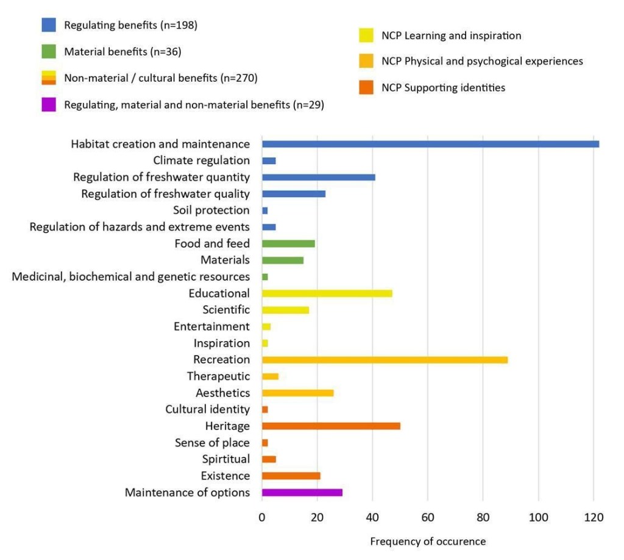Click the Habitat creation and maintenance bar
point(430,144)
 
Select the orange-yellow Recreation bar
point(385,359)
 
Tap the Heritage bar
point(331,426)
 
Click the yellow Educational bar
point(327,293)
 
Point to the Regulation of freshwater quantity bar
point(318,177)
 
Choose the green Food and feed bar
point(288,243)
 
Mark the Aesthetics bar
point(297,393)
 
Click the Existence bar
point(291,476)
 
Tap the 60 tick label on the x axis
point(428,517)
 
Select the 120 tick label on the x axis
point(594,517)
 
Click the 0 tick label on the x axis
point(262,517)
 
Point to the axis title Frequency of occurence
point(428,542)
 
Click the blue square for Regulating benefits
point(49,25)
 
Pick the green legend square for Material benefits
point(49,52)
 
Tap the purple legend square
point(49,105)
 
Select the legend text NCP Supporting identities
point(443,88)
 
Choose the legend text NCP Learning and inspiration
point(451,35)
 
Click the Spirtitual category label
point(225,459)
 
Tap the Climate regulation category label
point(201,160)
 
